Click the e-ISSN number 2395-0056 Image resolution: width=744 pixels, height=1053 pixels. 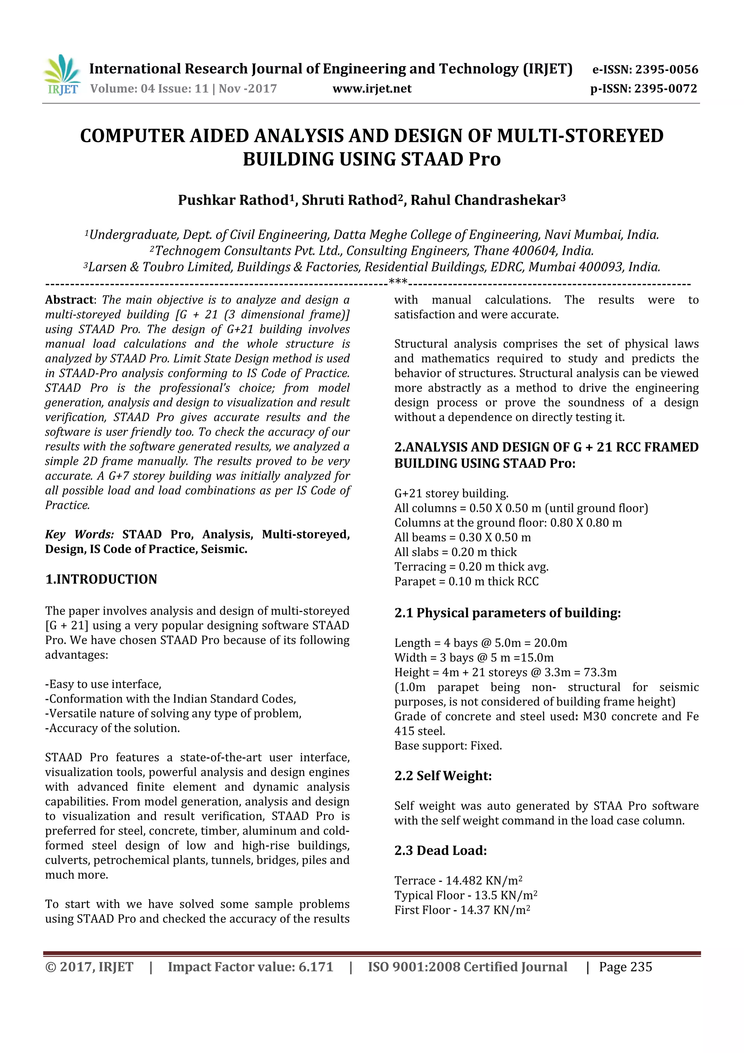click(x=667, y=70)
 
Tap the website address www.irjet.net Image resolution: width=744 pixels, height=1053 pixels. click(x=372, y=88)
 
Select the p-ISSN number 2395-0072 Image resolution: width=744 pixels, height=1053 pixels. click(x=665, y=88)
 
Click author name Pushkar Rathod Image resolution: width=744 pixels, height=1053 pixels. click(x=233, y=200)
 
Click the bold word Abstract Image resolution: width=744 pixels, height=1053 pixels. click(x=69, y=300)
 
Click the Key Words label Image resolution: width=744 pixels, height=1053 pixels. click(x=79, y=534)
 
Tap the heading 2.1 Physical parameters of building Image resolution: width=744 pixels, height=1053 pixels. click(x=507, y=613)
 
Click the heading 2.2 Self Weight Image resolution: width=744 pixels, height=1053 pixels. click(x=442, y=776)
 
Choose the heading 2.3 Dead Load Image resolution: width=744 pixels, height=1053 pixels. click(x=440, y=851)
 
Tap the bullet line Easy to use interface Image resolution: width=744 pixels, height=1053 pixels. click(x=103, y=684)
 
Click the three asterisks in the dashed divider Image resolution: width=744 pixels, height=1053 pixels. click(x=398, y=282)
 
